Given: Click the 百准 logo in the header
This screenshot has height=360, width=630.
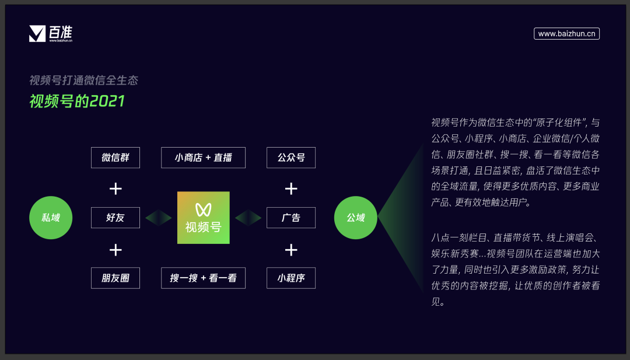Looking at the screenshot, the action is pos(51,34).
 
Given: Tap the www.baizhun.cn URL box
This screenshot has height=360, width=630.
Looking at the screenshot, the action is pos(566,34).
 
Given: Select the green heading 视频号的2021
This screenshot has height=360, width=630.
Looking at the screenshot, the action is pos(77,101).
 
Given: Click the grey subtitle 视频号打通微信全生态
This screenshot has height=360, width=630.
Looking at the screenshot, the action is pos(83,81).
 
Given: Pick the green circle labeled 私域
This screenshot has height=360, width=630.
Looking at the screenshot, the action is pos(50,218).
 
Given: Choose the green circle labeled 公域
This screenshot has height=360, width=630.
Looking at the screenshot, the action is pos(355,218).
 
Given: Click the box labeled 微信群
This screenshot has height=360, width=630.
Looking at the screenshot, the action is pos(116,158).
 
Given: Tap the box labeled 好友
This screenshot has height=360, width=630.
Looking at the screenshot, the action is pos(116,218).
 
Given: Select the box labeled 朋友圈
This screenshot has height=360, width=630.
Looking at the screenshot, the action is pos(116,278).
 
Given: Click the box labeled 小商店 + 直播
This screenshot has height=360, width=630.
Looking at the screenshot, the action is pos(203,158).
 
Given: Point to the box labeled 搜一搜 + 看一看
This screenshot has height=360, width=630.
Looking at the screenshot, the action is pos(203,278).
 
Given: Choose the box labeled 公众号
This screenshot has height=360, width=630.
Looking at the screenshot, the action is pos(291,158).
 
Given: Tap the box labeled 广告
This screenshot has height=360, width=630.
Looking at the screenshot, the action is pos(291,218).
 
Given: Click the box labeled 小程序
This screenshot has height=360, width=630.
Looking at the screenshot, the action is pos(291,278).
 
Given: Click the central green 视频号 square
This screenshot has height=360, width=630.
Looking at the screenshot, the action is pos(204,218).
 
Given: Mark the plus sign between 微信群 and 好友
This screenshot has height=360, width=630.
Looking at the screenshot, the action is pos(116,188).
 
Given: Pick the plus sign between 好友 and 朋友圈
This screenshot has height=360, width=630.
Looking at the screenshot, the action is pos(116,250).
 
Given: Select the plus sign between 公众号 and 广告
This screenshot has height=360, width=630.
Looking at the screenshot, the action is pos(291,188).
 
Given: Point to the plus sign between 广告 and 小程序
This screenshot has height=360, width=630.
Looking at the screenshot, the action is pos(291,250).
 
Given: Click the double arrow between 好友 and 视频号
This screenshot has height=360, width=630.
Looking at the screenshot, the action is pos(159,218).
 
